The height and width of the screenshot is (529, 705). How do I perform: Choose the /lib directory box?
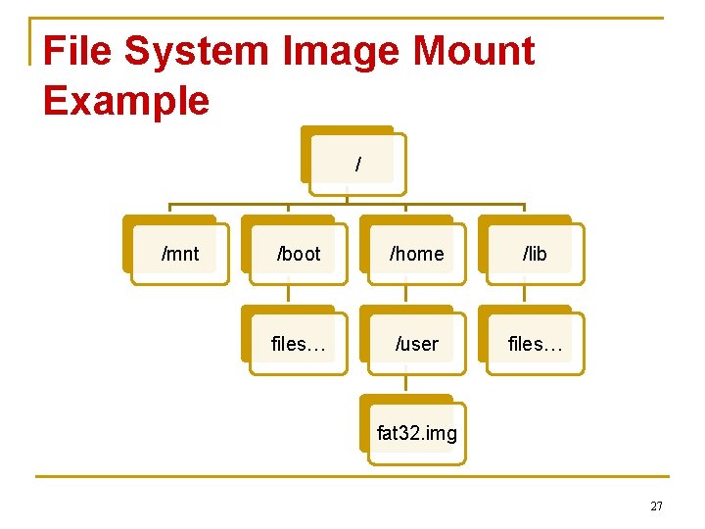pos(534,253)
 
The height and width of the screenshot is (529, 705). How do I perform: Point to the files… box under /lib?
pos(534,343)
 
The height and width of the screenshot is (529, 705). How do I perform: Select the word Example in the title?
pos(126,101)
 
